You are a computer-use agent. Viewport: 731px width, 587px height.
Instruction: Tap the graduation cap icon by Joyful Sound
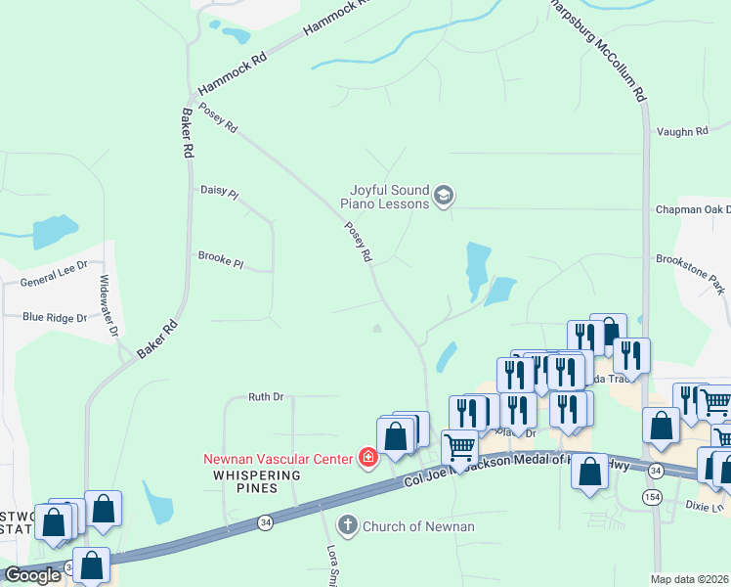444,197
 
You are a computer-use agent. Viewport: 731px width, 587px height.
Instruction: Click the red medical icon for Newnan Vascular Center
368,458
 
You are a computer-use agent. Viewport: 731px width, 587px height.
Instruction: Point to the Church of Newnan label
418,526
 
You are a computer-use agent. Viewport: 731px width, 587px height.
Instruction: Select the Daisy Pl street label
219,192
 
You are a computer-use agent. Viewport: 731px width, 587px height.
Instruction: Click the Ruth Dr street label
265,397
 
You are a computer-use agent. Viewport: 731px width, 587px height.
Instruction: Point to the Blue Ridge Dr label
55,317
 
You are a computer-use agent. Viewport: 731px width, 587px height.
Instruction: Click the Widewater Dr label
107,305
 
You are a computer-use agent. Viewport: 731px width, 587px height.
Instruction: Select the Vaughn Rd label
681,131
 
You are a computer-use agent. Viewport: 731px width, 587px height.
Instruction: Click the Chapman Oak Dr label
693,209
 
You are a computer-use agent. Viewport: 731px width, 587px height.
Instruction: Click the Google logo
32,575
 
